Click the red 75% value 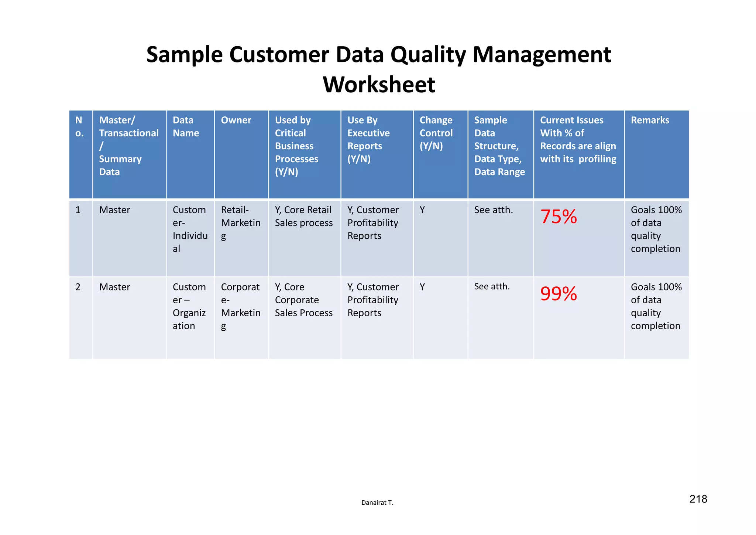click(559, 217)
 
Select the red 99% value click(559, 294)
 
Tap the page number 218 click(698, 499)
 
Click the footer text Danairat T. click(377, 502)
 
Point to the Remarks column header click(650, 120)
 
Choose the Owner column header click(236, 120)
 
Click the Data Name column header click(186, 127)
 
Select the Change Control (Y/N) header click(436, 133)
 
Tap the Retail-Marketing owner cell click(241, 223)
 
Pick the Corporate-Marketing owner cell click(241, 306)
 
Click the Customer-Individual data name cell click(190, 229)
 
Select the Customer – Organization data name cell click(189, 306)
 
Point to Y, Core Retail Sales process click(303, 217)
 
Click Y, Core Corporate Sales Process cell click(303, 300)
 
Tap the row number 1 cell click(78, 210)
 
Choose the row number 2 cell click(78, 287)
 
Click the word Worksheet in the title click(379, 85)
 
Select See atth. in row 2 click(492, 287)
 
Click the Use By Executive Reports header click(368, 140)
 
